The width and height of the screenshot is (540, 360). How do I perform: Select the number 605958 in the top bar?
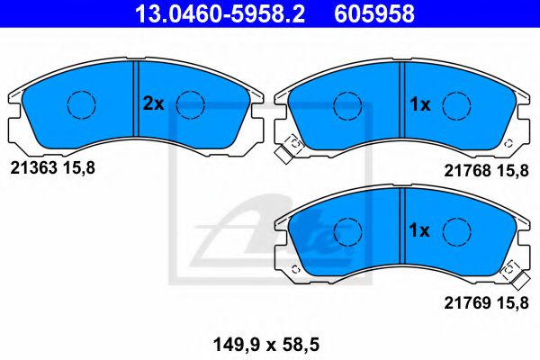click(x=375, y=13)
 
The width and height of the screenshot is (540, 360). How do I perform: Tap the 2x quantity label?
click(x=153, y=103)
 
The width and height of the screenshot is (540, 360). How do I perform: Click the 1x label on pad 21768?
click(x=420, y=104)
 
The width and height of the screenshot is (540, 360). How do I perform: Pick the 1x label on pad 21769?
click(x=420, y=230)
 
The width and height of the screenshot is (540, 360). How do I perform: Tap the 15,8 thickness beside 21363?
click(x=76, y=166)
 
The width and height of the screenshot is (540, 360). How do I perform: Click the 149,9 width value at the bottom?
click(x=230, y=343)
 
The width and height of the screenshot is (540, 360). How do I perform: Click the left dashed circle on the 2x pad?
click(x=81, y=104)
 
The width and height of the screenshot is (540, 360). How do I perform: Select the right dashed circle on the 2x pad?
click(x=191, y=104)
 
